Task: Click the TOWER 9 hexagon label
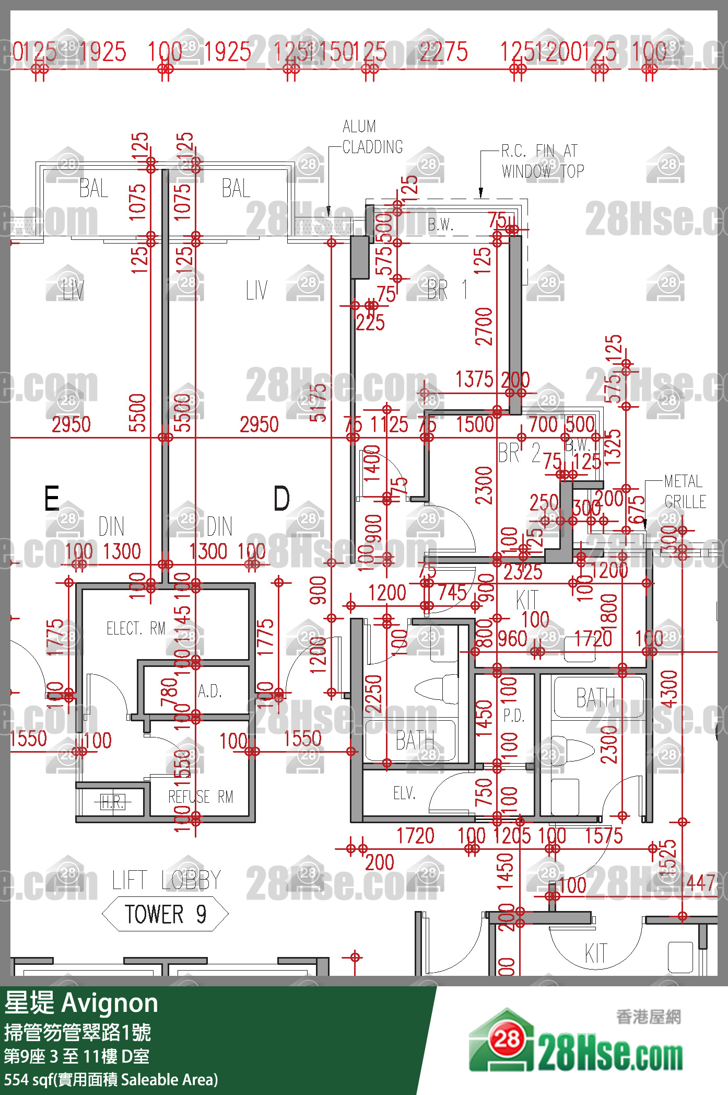165,914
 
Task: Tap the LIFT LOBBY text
166,880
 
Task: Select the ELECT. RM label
136,628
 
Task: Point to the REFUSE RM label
201,797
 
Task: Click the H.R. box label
112,802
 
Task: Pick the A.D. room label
210,691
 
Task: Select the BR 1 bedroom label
447,290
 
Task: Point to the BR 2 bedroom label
519,453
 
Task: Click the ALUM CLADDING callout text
372,137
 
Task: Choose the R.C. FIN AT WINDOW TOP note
543,161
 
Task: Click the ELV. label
405,793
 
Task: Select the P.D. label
514,716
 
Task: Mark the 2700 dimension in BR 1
484,327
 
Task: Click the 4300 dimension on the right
668,689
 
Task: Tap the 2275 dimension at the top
443,52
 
